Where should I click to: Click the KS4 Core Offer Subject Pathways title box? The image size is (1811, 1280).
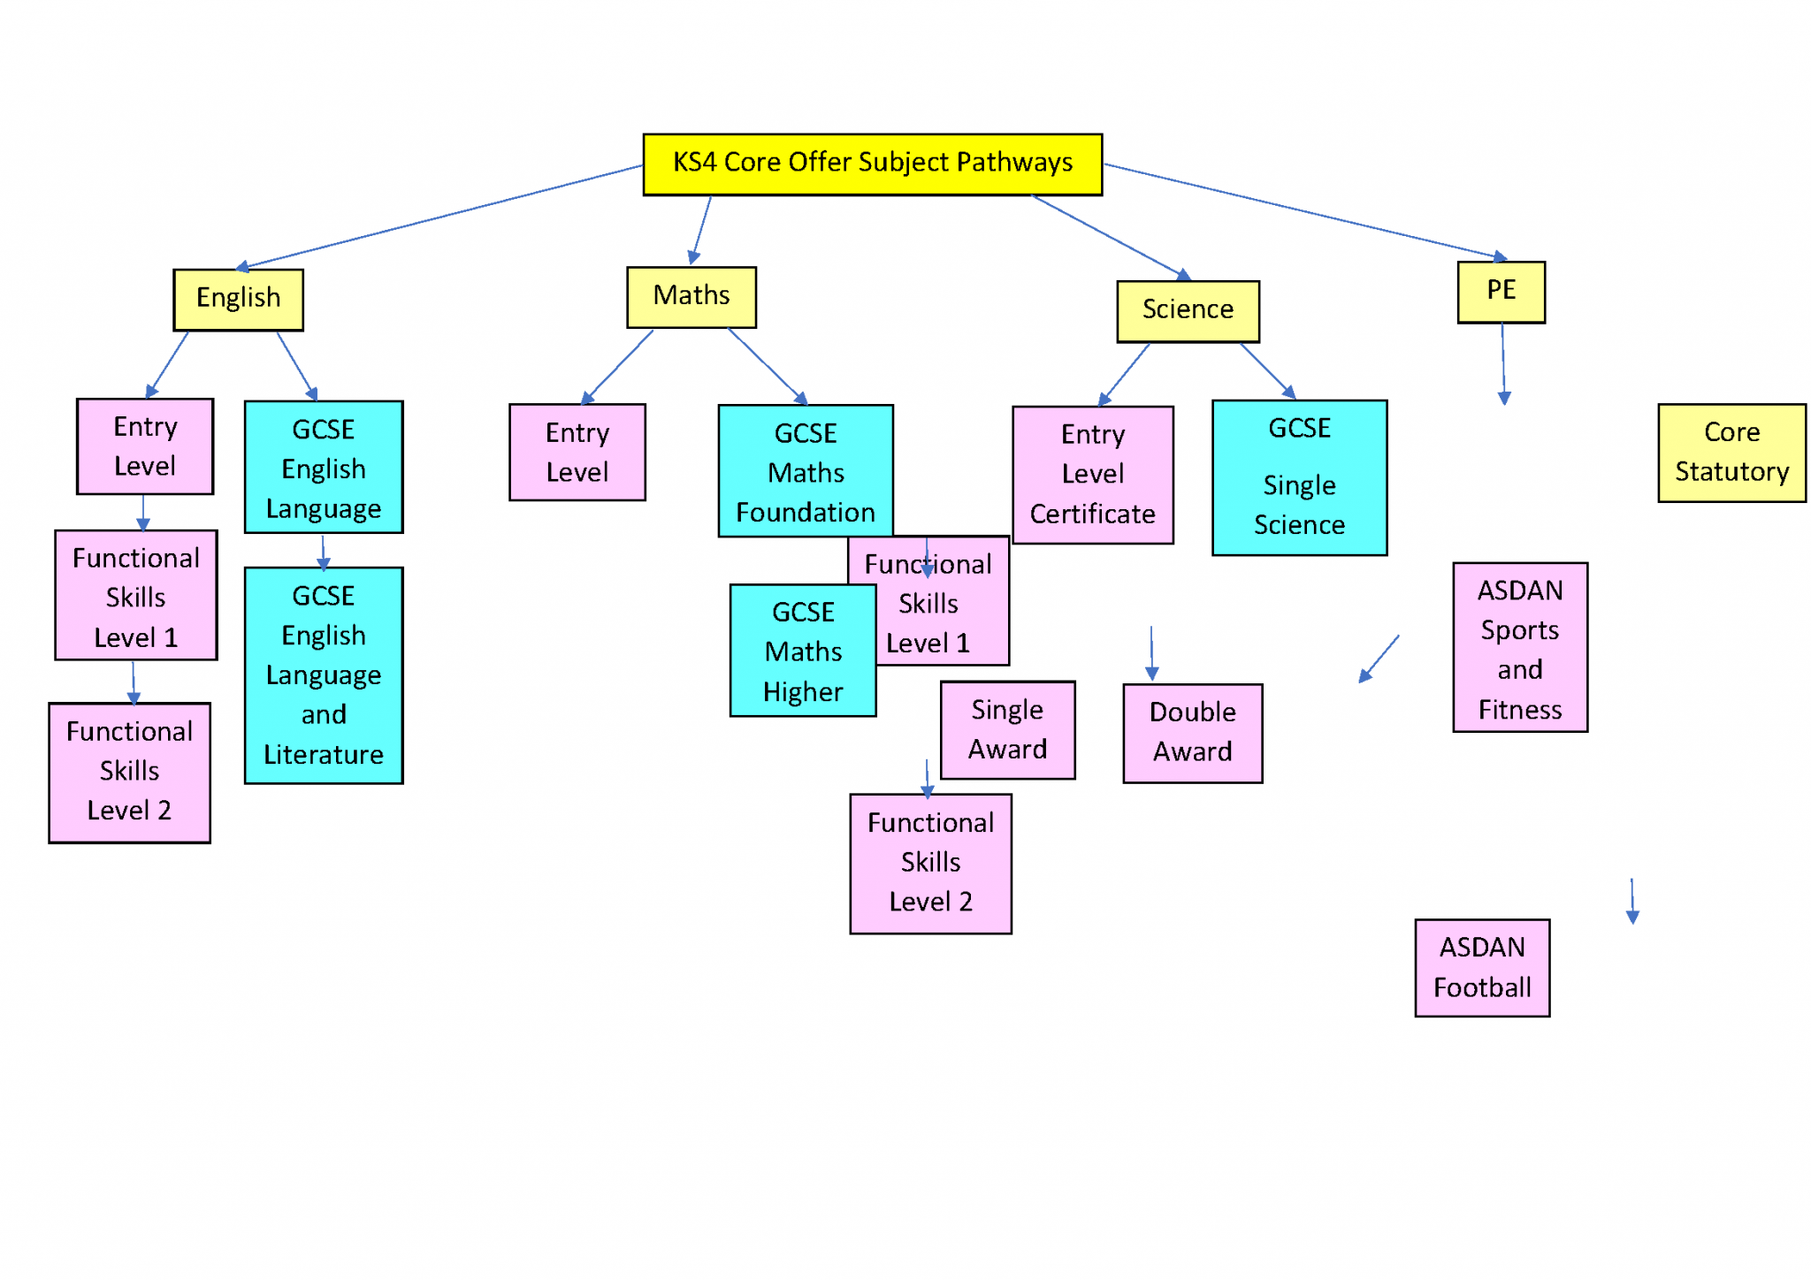[x=872, y=164]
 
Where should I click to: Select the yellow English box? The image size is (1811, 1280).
[x=238, y=300]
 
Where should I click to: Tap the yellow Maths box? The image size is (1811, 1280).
[x=691, y=297]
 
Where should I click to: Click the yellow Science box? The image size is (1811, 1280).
[x=1187, y=311]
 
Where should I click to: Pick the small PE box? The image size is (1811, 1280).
[x=1501, y=292]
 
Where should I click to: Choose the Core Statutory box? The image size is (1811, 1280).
[x=1731, y=453]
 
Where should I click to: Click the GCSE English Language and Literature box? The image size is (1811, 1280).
[x=324, y=675]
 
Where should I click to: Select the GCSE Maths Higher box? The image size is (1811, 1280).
[x=802, y=651]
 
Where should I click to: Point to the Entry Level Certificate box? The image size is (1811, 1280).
[x=1092, y=475]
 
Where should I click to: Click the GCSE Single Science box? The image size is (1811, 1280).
[x=1298, y=477]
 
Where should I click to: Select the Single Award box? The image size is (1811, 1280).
[x=1006, y=730]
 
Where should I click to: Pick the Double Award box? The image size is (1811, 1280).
[x=1192, y=733]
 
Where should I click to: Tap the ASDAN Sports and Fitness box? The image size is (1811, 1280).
[x=1519, y=647]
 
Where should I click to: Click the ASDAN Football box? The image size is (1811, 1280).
[x=1481, y=968]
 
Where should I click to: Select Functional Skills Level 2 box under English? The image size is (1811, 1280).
[x=129, y=773]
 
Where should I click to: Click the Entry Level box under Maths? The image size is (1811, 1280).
[x=577, y=453]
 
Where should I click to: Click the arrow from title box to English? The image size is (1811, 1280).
[x=442, y=217]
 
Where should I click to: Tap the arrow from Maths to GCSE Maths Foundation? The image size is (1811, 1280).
[x=766, y=366]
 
